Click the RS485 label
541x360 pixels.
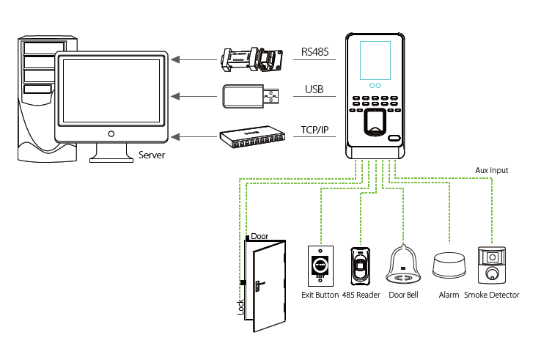316,53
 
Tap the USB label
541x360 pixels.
314,91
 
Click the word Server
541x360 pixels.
152,155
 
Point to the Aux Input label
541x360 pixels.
491,170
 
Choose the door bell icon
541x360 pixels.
403,265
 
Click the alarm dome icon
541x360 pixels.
449,265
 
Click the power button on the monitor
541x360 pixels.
111,134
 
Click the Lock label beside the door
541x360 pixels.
240,306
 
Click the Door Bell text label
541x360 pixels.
403,295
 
